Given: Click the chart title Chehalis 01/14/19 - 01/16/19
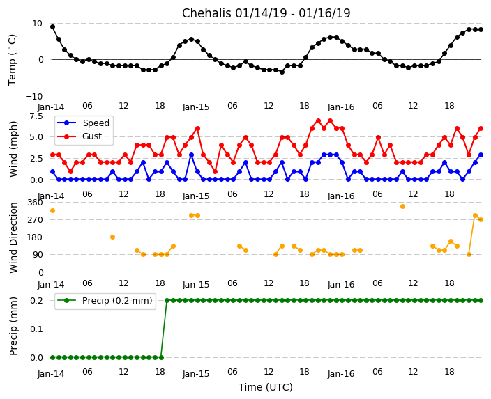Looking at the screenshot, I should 266,13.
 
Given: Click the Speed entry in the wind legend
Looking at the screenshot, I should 96,123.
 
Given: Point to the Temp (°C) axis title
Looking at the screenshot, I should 13,59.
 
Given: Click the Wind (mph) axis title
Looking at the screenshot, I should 13,148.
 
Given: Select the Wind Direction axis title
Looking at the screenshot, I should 13,237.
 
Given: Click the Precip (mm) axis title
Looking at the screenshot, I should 13,326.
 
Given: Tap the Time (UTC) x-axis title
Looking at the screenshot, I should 266,387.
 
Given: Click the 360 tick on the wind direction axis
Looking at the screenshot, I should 35,203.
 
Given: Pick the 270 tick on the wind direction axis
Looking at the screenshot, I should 35,220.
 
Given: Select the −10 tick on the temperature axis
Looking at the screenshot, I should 35,96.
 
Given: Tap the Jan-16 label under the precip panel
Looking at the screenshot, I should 341,374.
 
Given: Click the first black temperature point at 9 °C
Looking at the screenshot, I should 52,26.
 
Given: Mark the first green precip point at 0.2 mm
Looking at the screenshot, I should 167,300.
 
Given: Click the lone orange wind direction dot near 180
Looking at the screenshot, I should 112,237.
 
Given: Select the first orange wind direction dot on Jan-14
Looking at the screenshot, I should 52,210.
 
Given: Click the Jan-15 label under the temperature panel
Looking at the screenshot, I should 196,108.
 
